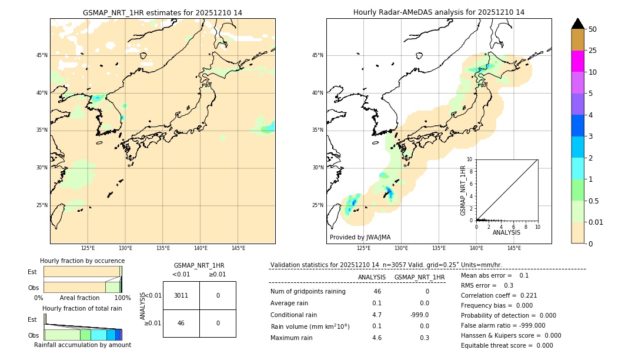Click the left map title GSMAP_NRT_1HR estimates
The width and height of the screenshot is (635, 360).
pyautogui.click(x=162, y=12)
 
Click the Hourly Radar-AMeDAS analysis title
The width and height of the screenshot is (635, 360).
pyautogui.click(x=439, y=12)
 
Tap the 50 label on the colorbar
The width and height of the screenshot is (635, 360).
pyautogui.click(x=593, y=29)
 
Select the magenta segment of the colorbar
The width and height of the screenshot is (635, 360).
pyautogui.click(x=578, y=61)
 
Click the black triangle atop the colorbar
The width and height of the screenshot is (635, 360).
pyautogui.click(x=578, y=24)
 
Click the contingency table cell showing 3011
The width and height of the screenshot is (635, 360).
pyautogui.click(x=181, y=295)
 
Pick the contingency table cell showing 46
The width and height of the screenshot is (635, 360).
pyautogui.click(x=181, y=323)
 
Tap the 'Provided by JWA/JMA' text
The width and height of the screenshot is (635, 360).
pyautogui.click(x=360, y=237)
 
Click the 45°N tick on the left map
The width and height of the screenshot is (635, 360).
pyautogui.click(x=42, y=55)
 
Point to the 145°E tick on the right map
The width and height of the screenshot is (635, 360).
pyautogui.click(x=514, y=248)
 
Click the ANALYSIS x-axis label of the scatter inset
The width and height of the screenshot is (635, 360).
pyautogui.click(x=506, y=232)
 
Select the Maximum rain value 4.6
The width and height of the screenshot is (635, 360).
pyautogui.click(x=377, y=338)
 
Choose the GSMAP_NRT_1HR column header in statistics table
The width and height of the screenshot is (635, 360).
pyautogui.click(x=419, y=277)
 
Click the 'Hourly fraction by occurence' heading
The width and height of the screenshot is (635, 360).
pyautogui.click(x=82, y=261)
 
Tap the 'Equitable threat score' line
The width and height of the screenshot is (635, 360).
pyautogui.click(x=507, y=345)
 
